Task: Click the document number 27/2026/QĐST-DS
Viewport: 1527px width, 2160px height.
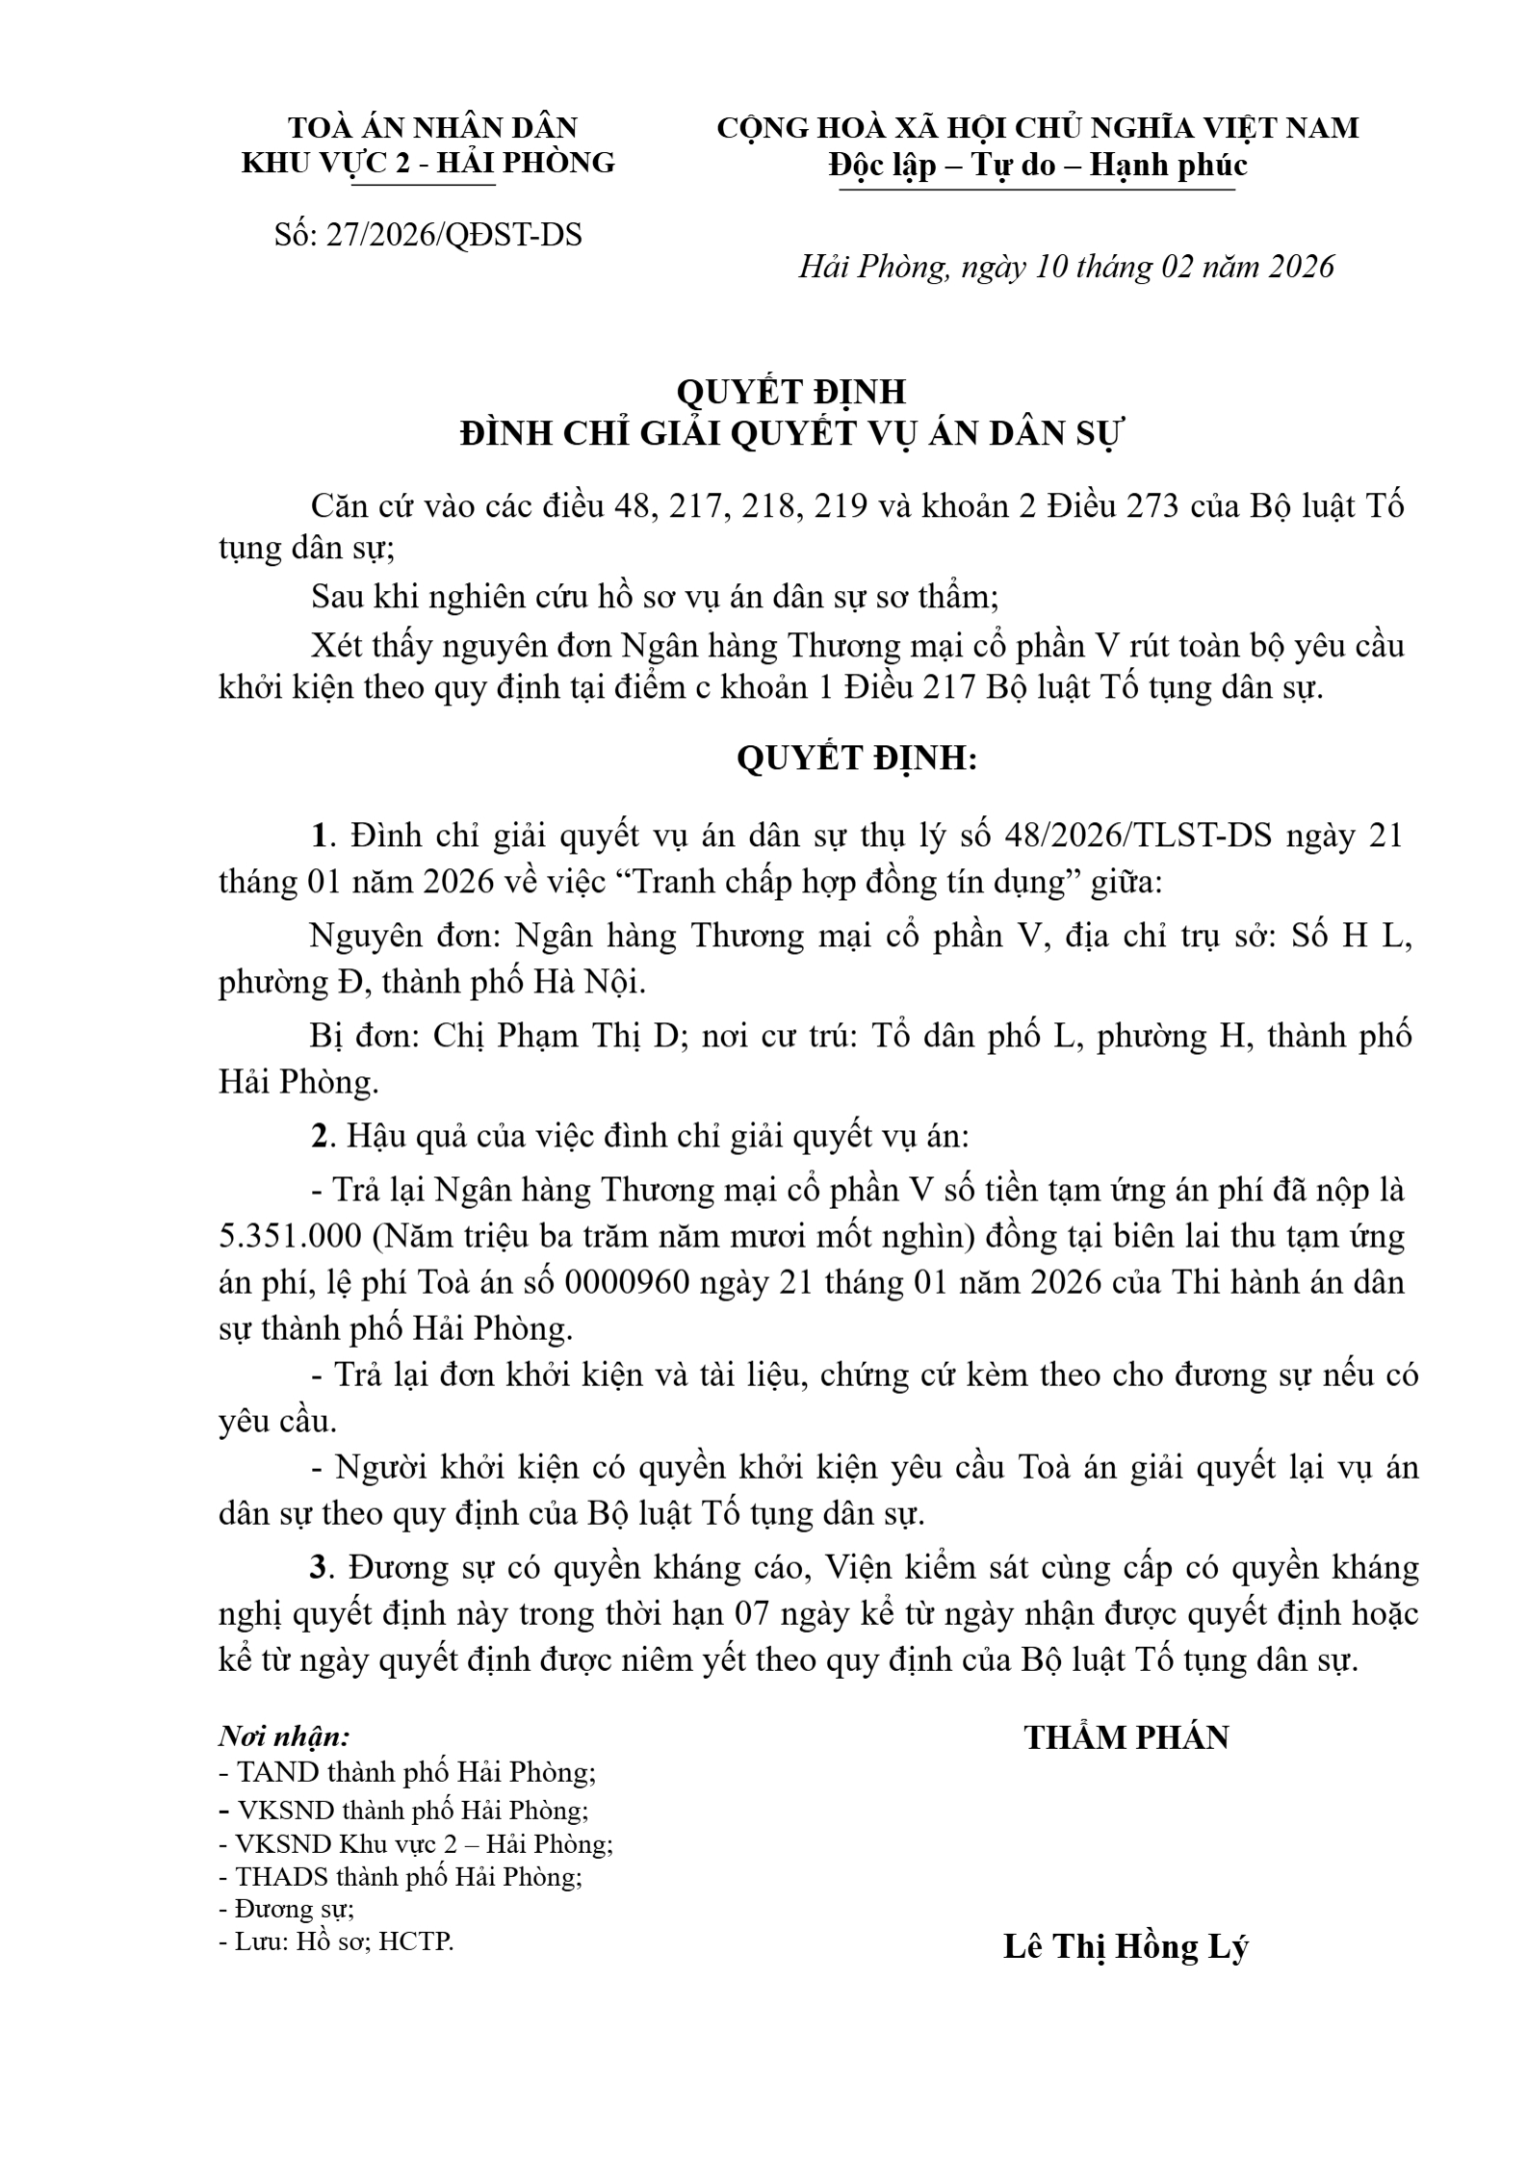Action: click(453, 235)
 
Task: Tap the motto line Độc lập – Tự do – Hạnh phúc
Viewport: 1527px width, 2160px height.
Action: click(1037, 166)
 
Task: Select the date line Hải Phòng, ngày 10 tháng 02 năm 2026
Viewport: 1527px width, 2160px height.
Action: click(1066, 267)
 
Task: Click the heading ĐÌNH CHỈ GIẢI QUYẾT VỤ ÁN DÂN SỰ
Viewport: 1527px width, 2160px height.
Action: click(791, 434)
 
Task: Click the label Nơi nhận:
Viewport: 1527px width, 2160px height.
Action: click(284, 1736)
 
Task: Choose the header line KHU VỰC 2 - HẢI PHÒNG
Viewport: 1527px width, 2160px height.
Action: click(427, 162)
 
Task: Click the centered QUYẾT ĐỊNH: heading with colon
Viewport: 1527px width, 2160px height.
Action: click(857, 759)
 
